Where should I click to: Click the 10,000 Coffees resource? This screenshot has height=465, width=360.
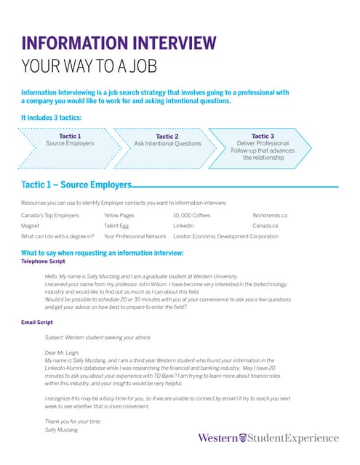(x=192, y=216)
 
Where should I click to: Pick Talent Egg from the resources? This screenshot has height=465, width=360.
(x=119, y=226)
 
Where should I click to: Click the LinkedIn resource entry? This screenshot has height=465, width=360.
(x=188, y=226)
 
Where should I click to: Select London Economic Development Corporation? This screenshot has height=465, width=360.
(x=225, y=236)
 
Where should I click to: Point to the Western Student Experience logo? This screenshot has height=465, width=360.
(x=268, y=437)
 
